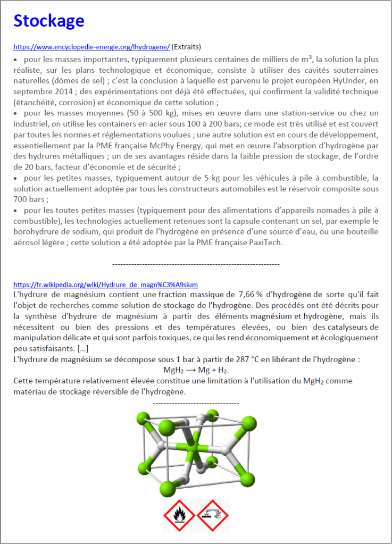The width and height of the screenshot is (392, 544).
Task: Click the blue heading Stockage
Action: [x=48, y=21]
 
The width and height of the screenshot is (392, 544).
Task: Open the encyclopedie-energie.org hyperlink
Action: [x=91, y=46]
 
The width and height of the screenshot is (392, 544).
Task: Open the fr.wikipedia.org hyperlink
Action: [x=105, y=284]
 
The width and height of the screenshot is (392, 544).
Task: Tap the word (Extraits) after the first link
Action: [x=186, y=46]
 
